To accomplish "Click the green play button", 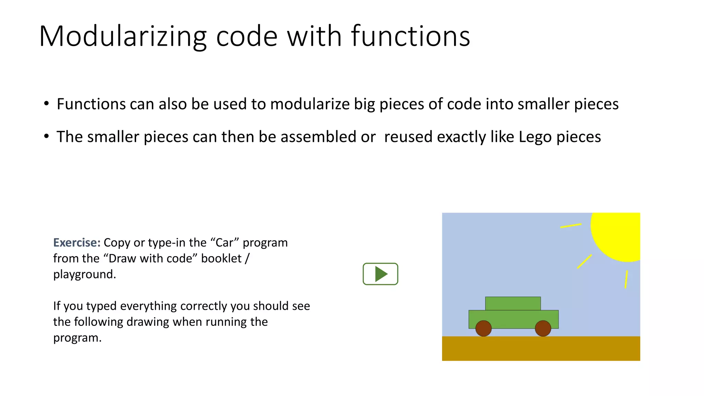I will pos(380,274).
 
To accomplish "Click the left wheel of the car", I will pos(483,328).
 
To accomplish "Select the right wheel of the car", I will pos(543,328).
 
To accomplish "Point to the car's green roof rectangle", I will pos(513,304).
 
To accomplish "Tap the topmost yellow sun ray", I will pos(571,226).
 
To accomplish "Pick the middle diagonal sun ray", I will pos(584,262).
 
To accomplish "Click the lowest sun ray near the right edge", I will pos(626,279).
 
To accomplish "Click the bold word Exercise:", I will pos(77,243).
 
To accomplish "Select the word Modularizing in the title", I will pos(123,36).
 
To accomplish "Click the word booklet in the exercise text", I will pos(221,258).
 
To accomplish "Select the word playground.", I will pos(85,274).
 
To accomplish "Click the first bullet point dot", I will pos(46,103).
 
